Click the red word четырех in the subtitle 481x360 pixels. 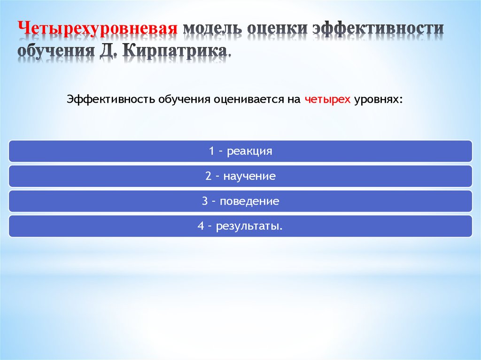[x=327, y=100]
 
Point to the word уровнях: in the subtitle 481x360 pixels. [x=379, y=100]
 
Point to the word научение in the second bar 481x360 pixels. [x=249, y=176]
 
